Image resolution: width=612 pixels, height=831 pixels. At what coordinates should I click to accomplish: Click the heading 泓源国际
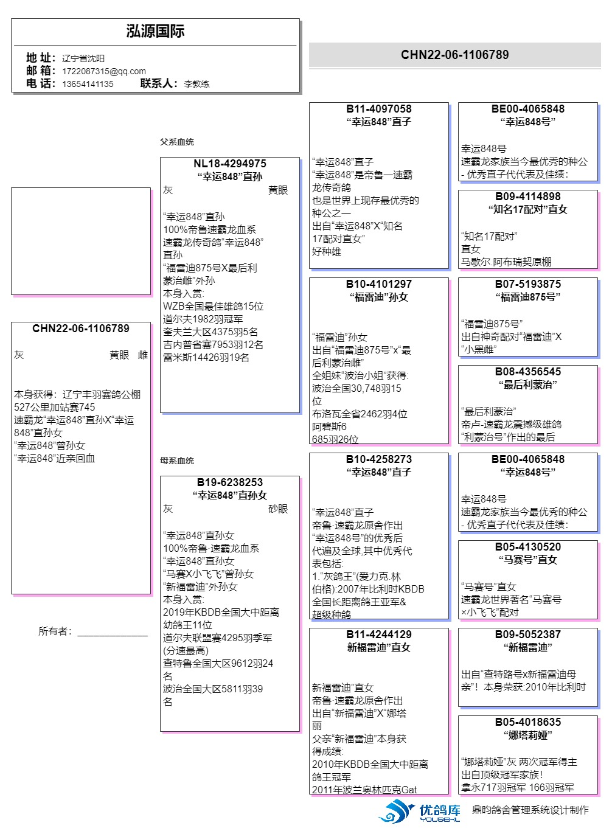155,31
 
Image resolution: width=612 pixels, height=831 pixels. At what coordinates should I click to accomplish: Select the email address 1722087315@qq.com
104,71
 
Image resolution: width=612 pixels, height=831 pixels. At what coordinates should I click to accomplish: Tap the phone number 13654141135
88,84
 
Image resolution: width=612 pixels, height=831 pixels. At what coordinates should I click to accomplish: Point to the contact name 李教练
196,84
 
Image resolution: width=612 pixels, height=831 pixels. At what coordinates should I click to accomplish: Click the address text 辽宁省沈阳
83,58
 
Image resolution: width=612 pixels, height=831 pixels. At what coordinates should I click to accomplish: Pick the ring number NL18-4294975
230,164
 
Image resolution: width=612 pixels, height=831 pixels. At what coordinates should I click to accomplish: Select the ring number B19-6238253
230,482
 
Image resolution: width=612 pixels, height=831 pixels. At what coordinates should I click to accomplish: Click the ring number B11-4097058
379,109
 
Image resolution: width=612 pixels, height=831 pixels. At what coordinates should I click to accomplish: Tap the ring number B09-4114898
528,196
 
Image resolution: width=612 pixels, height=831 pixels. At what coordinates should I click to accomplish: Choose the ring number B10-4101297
379,284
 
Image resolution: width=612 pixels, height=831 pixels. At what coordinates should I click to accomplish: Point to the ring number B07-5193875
528,284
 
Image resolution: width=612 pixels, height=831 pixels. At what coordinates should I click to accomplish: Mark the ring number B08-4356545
528,371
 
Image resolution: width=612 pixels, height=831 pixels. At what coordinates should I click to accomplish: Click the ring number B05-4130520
528,546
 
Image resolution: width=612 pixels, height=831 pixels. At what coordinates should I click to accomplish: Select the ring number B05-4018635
528,721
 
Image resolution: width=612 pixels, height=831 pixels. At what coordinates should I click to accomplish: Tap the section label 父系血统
177,142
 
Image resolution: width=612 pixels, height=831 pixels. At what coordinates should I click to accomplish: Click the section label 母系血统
177,461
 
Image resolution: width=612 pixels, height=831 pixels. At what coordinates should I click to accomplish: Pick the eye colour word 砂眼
278,509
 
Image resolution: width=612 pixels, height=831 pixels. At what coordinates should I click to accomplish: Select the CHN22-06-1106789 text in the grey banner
454,55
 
